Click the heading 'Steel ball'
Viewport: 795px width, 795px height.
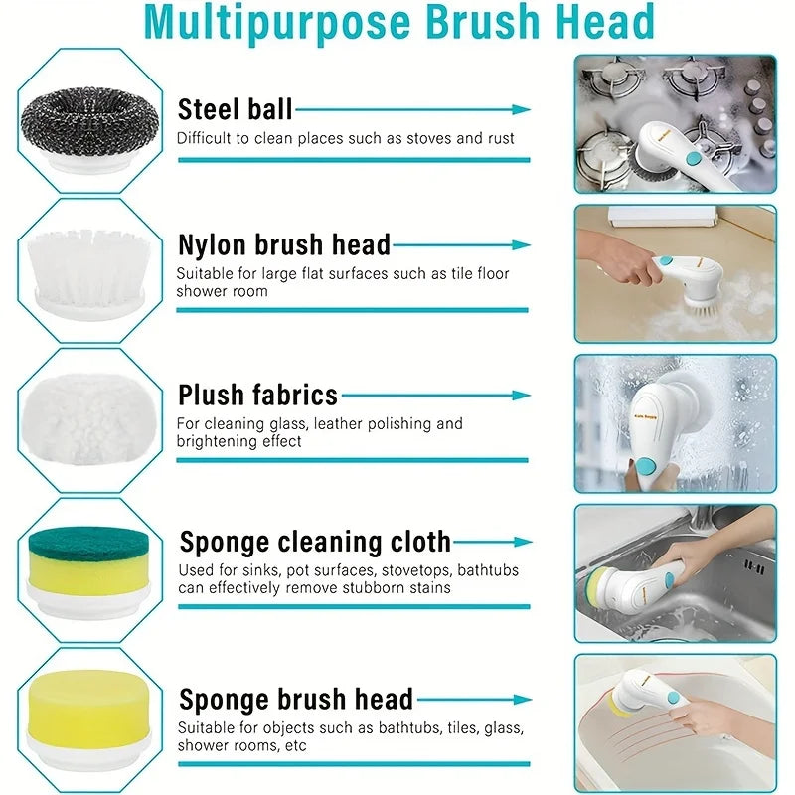click(235, 108)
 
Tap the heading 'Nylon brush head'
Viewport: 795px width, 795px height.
click(284, 244)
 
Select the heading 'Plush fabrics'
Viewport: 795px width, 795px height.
click(257, 395)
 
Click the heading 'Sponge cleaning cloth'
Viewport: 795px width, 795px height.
click(315, 542)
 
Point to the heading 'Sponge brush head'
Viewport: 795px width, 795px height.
click(296, 699)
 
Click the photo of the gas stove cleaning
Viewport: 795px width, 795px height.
click(675, 122)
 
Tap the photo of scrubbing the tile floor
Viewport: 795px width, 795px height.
click(675, 273)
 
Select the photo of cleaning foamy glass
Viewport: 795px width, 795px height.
click(675, 422)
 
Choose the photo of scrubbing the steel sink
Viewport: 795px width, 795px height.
click(675, 572)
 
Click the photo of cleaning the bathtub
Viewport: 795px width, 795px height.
click(675, 722)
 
